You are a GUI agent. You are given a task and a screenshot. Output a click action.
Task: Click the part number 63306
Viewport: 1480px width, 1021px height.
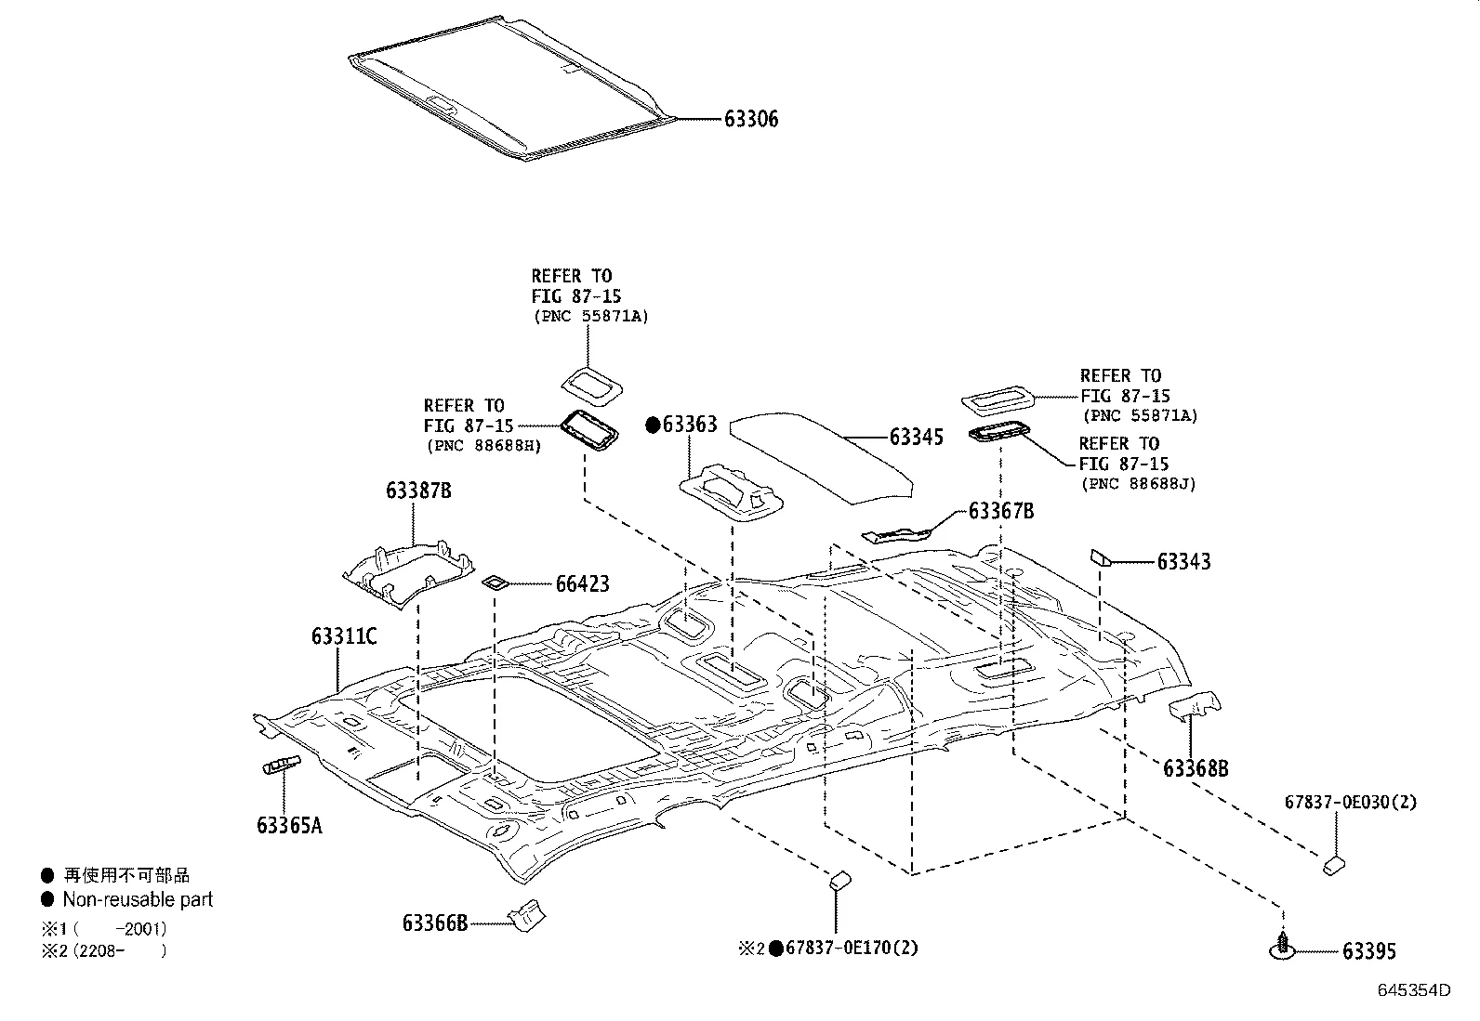(750, 119)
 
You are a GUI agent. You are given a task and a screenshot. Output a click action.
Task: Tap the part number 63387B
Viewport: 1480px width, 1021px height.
(418, 490)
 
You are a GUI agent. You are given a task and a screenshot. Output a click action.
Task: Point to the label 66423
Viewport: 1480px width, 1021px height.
(583, 583)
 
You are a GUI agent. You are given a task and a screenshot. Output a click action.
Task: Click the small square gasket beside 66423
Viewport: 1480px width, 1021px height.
(495, 582)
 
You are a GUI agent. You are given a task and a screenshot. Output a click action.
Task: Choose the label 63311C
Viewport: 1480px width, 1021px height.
(344, 636)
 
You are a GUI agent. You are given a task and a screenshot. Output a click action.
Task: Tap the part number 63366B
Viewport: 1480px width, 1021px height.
(435, 923)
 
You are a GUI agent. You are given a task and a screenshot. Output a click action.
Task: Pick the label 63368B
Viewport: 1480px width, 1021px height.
(1196, 768)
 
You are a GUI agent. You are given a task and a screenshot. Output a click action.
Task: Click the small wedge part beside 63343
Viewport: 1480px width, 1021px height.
(1101, 557)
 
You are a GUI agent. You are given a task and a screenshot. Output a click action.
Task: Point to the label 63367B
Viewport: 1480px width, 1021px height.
(1001, 511)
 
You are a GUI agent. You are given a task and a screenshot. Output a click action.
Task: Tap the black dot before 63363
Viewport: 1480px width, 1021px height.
(653, 425)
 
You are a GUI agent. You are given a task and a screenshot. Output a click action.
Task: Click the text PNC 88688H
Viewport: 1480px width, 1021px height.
(484, 446)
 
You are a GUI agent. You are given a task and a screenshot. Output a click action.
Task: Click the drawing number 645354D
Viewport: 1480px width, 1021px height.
(1414, 989)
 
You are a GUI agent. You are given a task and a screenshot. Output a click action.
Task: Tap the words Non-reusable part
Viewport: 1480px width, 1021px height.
(138, 899)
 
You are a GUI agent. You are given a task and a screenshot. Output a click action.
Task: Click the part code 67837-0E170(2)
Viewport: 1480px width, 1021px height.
(852, 949)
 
